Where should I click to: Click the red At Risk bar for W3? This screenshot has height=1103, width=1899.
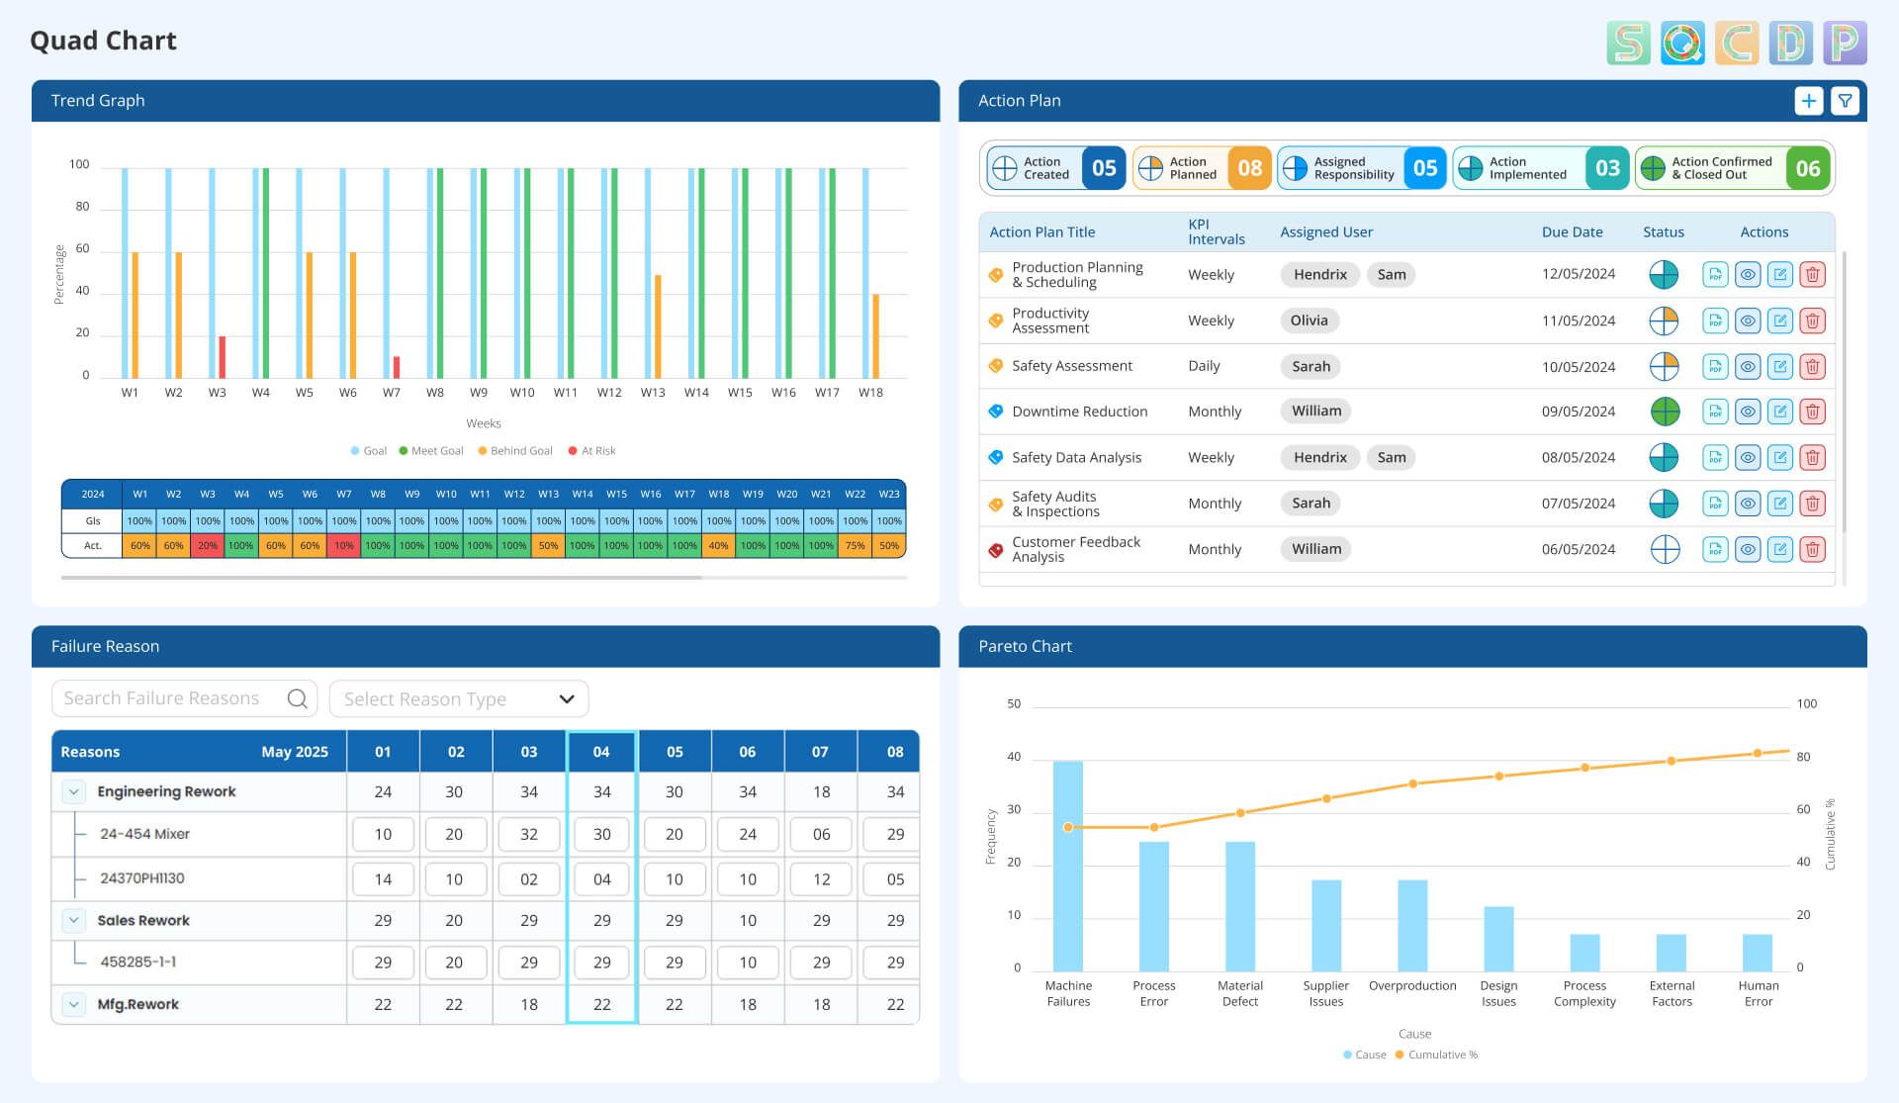coord(223,357)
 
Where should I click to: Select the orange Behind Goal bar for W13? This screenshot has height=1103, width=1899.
coord(658,326)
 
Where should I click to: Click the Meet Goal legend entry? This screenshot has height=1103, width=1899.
coord(431,451)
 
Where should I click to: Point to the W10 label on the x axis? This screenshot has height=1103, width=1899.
coord(522,393)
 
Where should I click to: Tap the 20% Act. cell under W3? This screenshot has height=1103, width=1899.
coord(208,546)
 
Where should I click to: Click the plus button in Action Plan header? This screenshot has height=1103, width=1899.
coord(1808,101)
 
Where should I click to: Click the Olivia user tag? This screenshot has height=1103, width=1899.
coord(1309,321)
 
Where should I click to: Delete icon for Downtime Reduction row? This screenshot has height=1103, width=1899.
coord(1812,412)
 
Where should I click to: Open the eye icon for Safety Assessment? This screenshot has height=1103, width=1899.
coord(1748,367)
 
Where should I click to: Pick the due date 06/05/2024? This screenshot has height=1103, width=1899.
coord(1578,550)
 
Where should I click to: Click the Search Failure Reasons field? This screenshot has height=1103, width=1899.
coord(173,698)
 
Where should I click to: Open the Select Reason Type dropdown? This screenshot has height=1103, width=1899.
coord(458,699)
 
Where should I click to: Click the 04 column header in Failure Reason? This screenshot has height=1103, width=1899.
coord(601,752)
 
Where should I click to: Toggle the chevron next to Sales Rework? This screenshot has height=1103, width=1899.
coord(74,921)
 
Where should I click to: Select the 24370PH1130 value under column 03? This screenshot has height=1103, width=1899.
coord(529,879)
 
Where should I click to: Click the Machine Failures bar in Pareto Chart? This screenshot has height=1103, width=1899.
coord(1067,866)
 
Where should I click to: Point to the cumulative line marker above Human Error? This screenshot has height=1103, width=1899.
coord(1758,754)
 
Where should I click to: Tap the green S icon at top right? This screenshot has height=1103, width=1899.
coord(1628,44)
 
